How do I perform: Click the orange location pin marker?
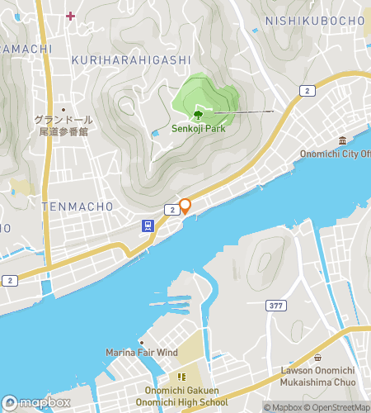point(185,206)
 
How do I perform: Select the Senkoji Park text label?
point(199,128)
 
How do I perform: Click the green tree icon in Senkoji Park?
point(198,114)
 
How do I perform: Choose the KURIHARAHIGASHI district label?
point(131,60)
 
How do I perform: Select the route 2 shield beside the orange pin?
point(171,211)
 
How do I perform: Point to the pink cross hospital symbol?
point(71,15)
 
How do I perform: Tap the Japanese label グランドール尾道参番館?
point(64,125)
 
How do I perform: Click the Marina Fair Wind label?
point(141,353)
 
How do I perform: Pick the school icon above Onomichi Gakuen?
point(180,377)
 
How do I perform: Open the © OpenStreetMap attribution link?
point(339,407)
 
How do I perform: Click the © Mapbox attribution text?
point(283,407)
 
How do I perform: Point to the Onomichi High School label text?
point(181,402)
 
